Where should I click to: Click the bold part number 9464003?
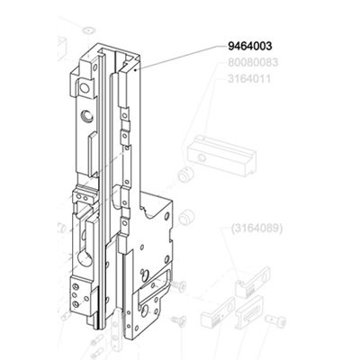[250, 46]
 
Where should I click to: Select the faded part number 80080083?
[253, 62]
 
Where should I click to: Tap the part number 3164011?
[249, 79]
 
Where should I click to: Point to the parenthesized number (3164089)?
[256, 229]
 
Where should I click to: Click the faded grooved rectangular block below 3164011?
[221, 156]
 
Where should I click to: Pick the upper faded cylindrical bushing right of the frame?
[185, 174]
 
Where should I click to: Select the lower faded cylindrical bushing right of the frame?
[186, 217]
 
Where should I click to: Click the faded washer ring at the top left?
[87, 30]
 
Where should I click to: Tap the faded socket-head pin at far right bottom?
[275, 321]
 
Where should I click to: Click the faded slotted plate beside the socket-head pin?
[250, 311]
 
